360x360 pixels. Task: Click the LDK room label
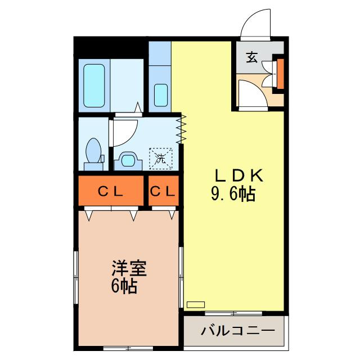point(238,176)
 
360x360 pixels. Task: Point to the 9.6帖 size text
point(233,194)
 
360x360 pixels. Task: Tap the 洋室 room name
point(129,268)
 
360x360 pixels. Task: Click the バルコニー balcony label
point(238,331)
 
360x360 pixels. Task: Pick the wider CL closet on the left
point(111,191)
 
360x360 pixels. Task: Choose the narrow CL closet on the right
point(164,191)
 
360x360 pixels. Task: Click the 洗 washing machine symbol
point(161,159)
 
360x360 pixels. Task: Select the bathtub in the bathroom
point(94,85)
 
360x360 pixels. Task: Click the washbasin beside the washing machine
point(128,160)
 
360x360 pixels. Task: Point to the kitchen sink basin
point(161,95)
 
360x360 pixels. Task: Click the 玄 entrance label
point(252,57)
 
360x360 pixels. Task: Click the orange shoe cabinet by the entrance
point(280,74)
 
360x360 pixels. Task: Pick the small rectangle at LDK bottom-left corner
point(196,304)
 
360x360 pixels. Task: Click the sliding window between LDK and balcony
point(233,313)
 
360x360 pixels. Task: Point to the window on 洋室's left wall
point(76,277)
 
